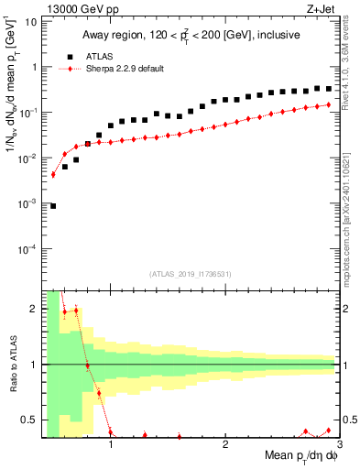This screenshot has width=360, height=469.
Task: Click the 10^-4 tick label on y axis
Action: (x=27, y=248)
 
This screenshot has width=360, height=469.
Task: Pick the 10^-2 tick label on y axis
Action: (x=27, y=158)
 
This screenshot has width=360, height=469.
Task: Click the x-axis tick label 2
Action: (x=225, y=445)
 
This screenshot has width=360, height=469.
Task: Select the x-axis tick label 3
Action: (x=339, y=445)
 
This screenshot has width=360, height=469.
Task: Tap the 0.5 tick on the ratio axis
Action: (x=28, y=420)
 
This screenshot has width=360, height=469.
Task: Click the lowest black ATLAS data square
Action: (x=53, y=206)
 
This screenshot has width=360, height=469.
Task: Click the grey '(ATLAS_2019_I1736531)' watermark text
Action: (x=191, y=274)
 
